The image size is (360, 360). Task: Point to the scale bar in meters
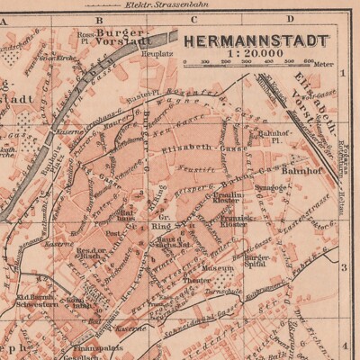[247, 64]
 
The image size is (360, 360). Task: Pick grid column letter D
[290, 17]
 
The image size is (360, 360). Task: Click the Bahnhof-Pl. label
[266, 137]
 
